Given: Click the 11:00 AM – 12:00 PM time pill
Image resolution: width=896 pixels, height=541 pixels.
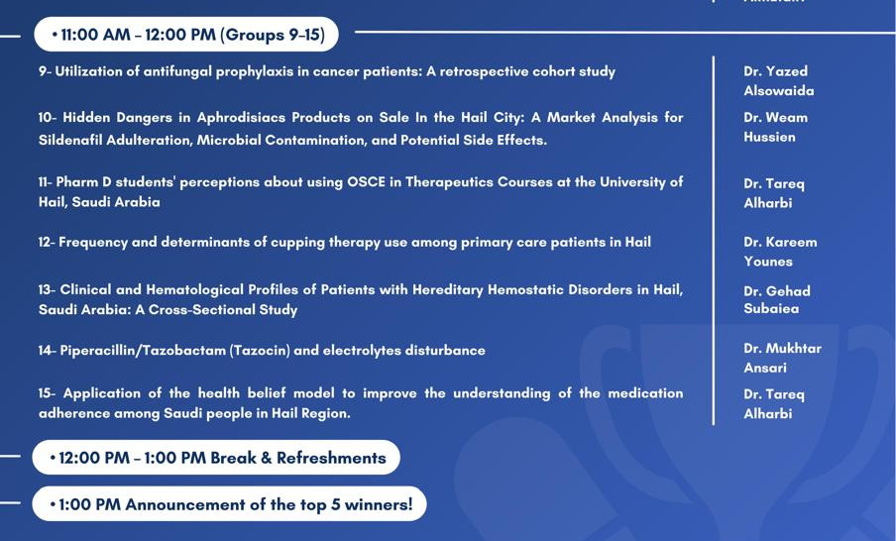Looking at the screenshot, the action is coord(186,35).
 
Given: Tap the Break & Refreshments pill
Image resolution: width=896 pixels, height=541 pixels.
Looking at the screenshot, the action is coord(216,458).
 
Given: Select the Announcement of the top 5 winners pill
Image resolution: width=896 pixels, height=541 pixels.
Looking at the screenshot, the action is coord(229,504).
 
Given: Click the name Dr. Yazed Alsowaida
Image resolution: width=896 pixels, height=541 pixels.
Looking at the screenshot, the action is coord(778,80).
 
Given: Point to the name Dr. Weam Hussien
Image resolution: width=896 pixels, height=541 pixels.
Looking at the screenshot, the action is coord(775,127).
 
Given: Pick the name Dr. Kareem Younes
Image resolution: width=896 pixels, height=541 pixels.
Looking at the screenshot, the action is coord(780,252).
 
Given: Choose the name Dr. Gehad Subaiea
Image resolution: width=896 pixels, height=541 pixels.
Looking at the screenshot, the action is coord(777,299).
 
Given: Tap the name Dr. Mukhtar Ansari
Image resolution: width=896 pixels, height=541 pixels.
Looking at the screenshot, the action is coord(782,358).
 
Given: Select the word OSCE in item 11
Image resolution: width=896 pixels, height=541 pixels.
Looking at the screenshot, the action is coord(367,182).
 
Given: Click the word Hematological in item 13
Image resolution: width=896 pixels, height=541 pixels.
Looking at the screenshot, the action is coord(193,289).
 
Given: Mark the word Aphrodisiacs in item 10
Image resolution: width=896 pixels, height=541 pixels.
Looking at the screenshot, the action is coord(241,117).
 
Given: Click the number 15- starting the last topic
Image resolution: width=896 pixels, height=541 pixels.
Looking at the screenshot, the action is coord(47,393).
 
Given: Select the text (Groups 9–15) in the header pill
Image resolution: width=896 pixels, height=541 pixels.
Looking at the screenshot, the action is coord(273,35).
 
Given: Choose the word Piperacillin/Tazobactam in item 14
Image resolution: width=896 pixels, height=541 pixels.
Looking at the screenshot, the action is coord(143,350).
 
